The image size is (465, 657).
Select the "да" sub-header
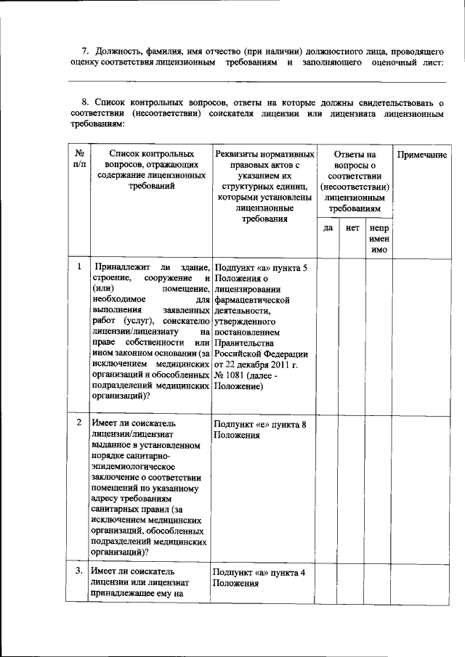(328, 228)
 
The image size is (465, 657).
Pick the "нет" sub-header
(353, 228)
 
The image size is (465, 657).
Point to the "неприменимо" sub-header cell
(379, 238)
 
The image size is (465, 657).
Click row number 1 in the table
(78, 267)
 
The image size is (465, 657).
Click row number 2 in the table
(78, 422)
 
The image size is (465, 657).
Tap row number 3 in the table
(78, 571)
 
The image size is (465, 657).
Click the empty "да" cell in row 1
(328, 334)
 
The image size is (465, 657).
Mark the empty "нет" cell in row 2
(353, 486)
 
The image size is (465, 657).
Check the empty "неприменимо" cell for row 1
(379, 334)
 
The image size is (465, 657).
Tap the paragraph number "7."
(85, 51)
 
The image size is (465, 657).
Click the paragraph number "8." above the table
(85, 103)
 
